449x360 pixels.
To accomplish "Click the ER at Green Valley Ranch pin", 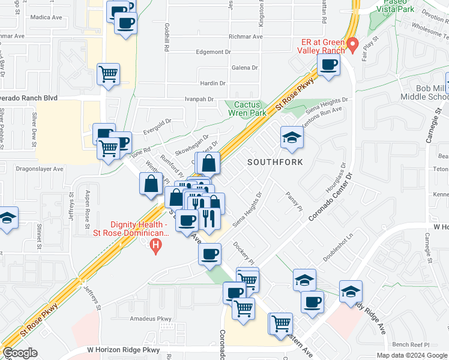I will [x=353, y=44].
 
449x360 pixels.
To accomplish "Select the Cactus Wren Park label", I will [x=246, y=107].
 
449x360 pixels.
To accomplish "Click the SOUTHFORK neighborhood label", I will [x=274, y=162].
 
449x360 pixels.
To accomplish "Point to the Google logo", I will [x=20, y=353].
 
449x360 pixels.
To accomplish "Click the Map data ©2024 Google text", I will [x=411, y=355].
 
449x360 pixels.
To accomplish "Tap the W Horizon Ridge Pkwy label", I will [x=125, y=349].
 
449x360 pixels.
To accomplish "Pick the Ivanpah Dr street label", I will [x=199, y=98].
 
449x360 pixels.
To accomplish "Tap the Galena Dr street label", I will [x=244, y=68].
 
